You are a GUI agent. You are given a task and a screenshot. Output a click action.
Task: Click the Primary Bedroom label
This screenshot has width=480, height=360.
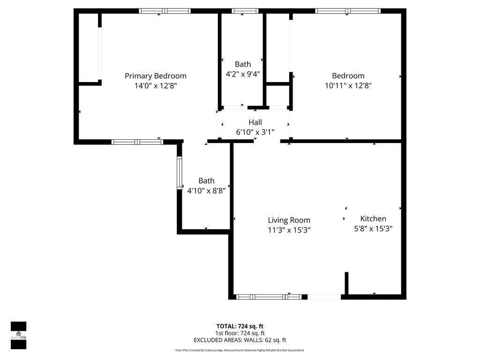tap(155, 76)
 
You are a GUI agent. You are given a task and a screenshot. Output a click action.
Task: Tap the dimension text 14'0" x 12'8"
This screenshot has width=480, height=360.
tap(155, 86)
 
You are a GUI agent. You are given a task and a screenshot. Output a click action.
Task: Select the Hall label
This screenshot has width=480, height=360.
tap(255, 122)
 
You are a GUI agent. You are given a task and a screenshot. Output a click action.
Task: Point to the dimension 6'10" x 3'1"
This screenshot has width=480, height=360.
tap(255, 132)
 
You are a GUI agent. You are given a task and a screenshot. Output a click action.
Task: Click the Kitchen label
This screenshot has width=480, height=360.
tap(373, 218)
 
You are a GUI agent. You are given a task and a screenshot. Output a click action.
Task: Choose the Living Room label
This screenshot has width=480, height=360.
tap(289, 220)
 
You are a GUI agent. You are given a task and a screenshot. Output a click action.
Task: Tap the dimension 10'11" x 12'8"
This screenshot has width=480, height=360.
tap(348, 86)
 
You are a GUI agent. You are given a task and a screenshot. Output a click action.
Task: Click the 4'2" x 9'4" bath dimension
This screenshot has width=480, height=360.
tap(243, 74)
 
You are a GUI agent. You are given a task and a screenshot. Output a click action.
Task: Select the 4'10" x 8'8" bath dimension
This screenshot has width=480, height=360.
tap(206, 191)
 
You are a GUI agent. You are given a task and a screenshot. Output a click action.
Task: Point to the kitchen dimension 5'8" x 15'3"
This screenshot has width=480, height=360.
tap(373, 229)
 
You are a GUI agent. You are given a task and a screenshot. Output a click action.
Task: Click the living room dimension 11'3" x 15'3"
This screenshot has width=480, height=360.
tap(289, 230)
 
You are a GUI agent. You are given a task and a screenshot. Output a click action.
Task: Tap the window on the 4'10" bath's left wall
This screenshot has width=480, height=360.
tap(179, 173)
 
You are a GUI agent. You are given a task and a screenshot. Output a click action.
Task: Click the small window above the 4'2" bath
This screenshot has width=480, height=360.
tap(245, 11)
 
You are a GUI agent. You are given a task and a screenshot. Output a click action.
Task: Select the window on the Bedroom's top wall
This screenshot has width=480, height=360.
tap(347, 11)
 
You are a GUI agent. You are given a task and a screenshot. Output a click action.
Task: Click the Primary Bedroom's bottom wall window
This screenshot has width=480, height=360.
tap(137, 142)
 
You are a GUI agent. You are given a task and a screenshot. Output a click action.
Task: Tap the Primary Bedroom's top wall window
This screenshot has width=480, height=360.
tap(165, 11)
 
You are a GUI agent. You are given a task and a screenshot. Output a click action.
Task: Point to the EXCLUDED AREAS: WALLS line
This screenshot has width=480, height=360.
tap(240, 340)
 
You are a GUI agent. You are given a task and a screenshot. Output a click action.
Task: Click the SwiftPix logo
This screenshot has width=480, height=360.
tap(18, 335)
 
